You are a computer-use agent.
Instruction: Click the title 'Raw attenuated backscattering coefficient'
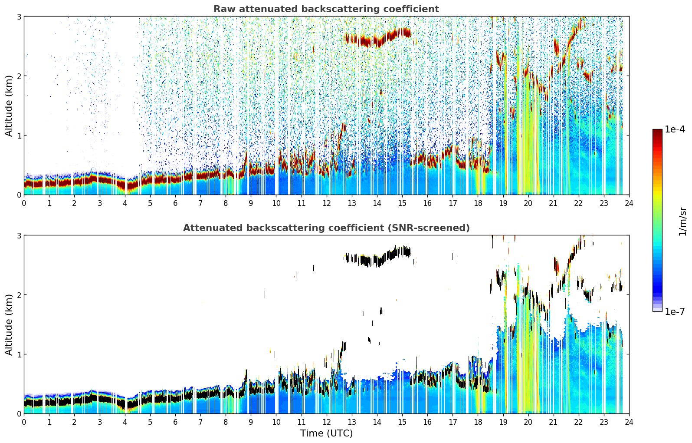pyautogui.click(x=326, y=9)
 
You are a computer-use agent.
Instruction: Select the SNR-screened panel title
pyautogui.click(x=326, y=228)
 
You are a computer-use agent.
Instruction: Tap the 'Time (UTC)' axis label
pyautogui.click(x=326, y=433)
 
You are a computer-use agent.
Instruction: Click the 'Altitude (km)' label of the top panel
pyautogui.click(x=9, y=106)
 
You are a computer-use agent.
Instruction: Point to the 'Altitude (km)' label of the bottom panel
pyautogui.click(x=9, y=324)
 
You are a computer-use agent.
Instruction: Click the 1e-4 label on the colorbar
pyautogui.click(x=675, y=129)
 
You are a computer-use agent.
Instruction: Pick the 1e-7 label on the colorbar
pyautogui.click(x=675, y=311)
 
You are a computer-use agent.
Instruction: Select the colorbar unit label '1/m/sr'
pyautogui.click(x=682, y=222)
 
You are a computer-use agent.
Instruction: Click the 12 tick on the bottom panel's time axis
pyautogui.click(x=327, y=422)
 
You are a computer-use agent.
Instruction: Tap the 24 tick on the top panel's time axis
pyautogui.click(x=629, y=203)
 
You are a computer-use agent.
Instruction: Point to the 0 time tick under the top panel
pyautogui.click(x=24, y=203)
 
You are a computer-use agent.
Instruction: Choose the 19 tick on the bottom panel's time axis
pyautogui.click(x=503, y=422)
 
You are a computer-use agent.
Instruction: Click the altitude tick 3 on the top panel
pyautogui.click(x=19, y=17)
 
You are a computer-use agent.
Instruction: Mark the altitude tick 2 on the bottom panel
pyautogui.click(x=19, y=295)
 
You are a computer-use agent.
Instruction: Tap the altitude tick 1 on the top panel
pyautogui.click(x=19, y=136)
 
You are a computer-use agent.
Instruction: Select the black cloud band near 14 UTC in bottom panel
pyautogui.click(x=377, y=259)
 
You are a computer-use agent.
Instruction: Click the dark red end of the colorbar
pyautogui.click(x=657, y=131)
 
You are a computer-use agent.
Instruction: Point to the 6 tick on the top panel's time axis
pyautogui.click(x=175, y=203)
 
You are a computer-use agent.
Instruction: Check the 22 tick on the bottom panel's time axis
pyautogui.click(x=579, y=422)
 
